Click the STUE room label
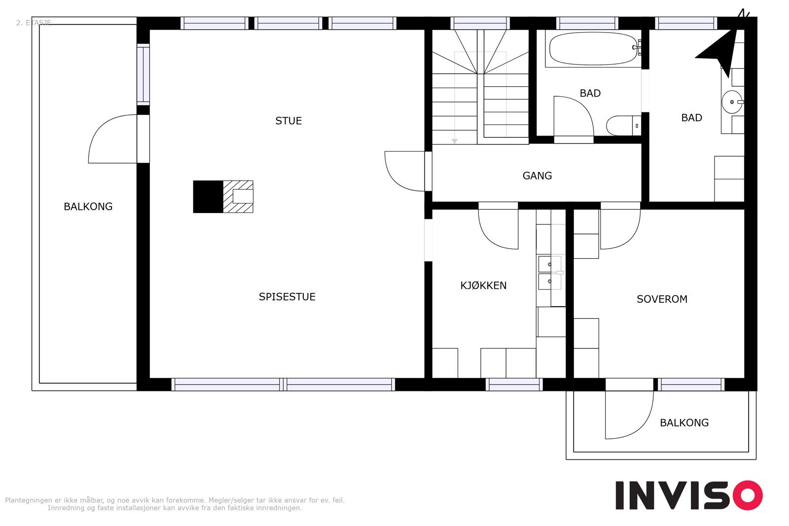pos(288,121)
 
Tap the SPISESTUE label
pos(287,297)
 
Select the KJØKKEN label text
pos(483,285)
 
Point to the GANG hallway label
pos(537,175)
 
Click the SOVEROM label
pos(662,299)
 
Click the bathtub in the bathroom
pos(594,49)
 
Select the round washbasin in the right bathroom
pos(732,102)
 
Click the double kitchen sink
pos(550,273)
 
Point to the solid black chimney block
pos(208,197)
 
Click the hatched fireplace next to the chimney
pos(238,197)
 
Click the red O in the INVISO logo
pos(748,495)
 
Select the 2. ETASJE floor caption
pos(34,23)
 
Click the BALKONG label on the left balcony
pos(88,207)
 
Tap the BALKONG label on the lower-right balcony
pos(684,422)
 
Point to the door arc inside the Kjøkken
pos(491,240)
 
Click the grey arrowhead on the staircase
pos(455,141)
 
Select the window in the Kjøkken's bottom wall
pos(514,385)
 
